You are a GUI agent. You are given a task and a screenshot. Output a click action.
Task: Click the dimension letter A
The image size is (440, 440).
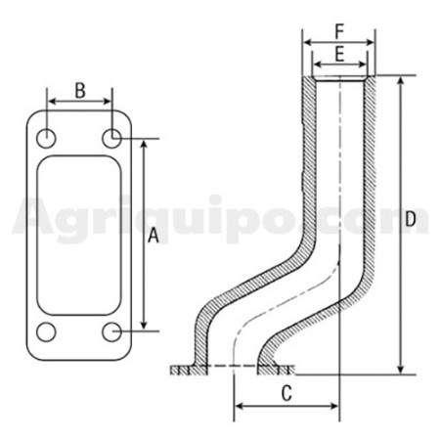pyautogui.click(x=154, y=236)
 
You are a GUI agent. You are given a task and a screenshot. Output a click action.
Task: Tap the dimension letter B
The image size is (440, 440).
pyautogui.click(x=80, y=91)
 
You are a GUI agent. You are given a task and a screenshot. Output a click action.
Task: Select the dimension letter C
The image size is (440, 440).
pyautogui.click(x=286, y=393)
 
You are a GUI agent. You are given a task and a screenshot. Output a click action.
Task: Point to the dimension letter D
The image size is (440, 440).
pyautogui.click(x=411, y=219)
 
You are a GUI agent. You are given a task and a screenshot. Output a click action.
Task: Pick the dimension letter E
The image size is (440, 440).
pyautogui.click(x=339, y=54)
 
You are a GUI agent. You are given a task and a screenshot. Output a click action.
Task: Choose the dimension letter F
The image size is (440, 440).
pyautogui.click(x=339, y=32)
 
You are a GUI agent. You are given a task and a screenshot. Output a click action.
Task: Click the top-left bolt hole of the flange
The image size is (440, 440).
pyautogui.click(x=46, y=138)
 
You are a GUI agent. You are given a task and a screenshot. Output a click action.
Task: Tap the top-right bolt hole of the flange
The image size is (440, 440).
pyautogui.click(x=111, y=138)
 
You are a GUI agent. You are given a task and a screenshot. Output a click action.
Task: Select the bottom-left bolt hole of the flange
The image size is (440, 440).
pyautogui.click(x=46, y=331)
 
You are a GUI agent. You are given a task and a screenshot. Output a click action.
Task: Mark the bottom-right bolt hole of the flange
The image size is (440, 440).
pyautogui.click(x=111, y=331)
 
